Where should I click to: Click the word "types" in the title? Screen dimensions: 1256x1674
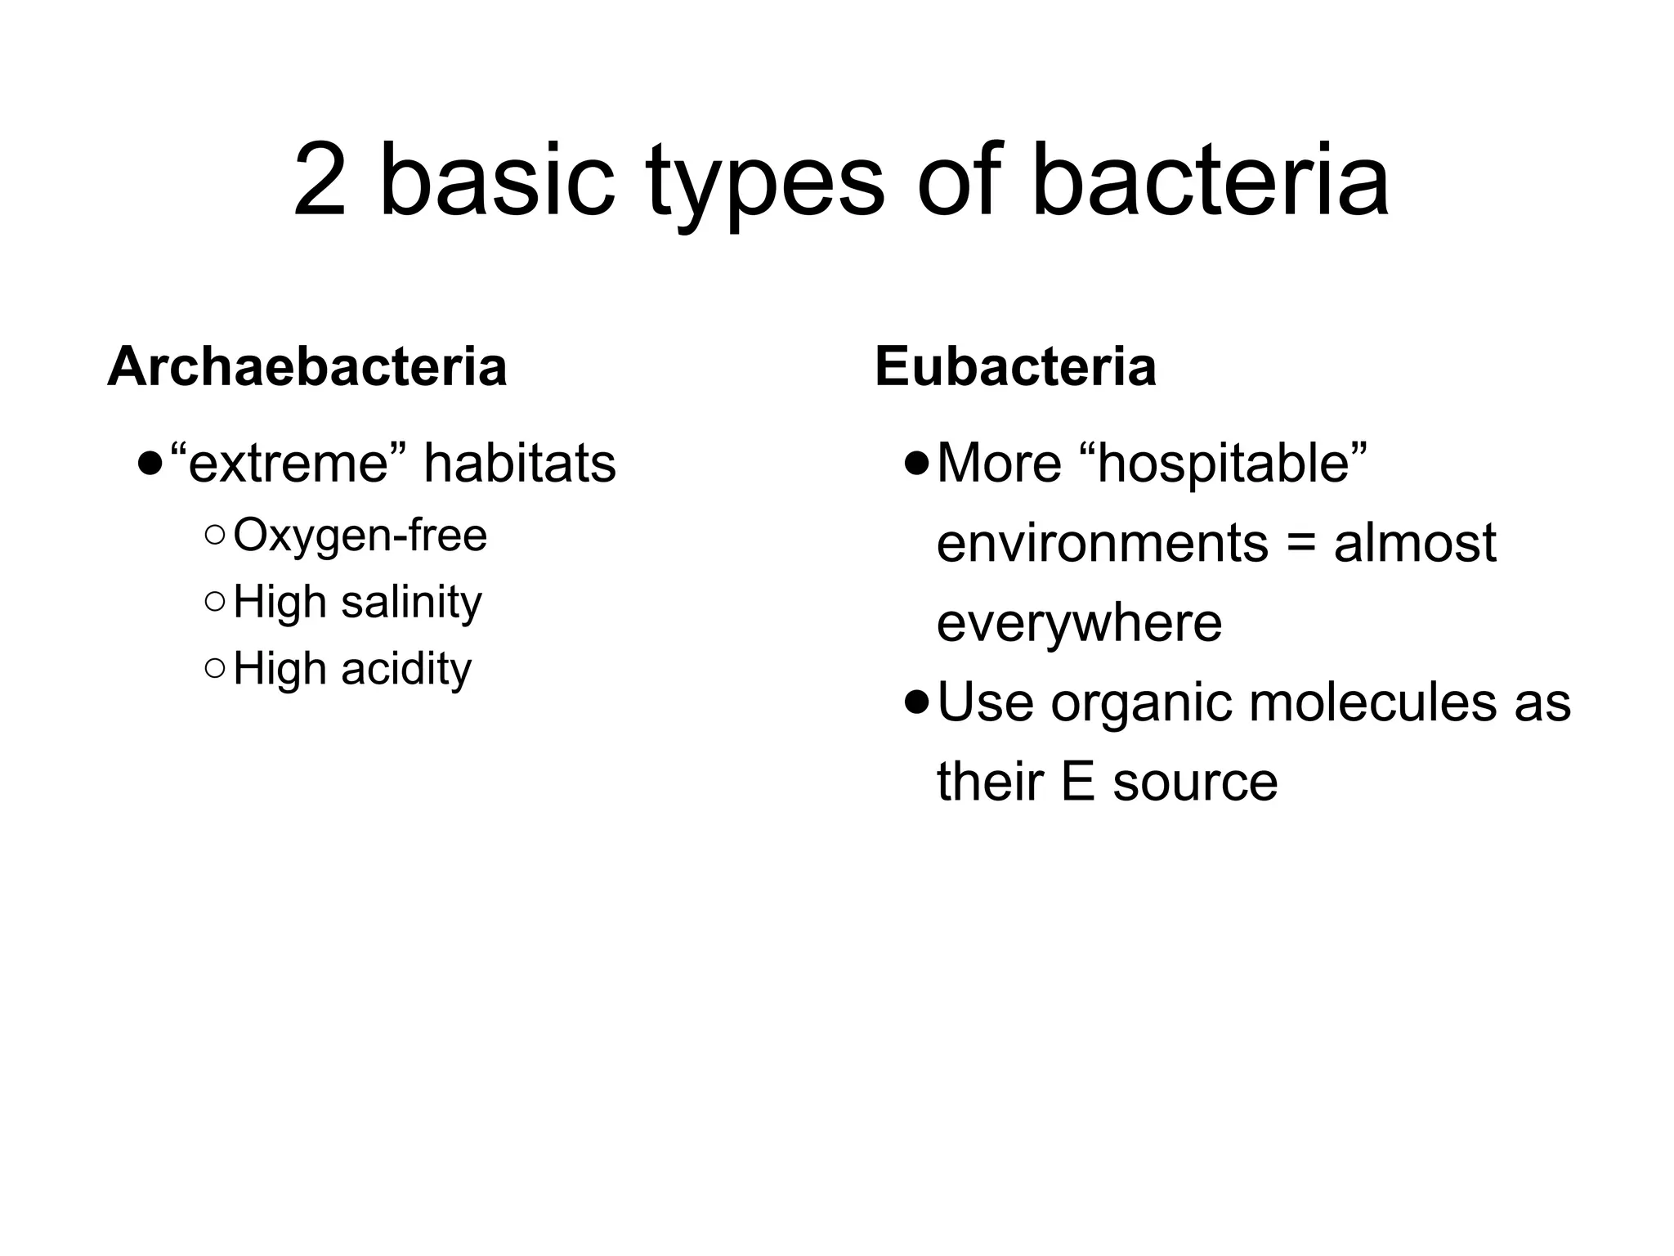765,184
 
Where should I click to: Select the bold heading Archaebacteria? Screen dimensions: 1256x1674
307,366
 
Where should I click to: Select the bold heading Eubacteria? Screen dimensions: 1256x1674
1015,366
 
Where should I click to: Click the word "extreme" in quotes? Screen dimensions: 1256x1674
289,464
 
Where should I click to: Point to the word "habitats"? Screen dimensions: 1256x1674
520,464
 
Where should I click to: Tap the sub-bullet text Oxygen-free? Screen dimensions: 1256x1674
360,536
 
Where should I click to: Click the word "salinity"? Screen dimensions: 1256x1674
411,603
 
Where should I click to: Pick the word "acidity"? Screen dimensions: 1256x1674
406,669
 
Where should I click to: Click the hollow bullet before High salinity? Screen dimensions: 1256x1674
215,603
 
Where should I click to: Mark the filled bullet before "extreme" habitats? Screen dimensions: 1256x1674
150,465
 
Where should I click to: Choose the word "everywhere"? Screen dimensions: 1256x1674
1079,623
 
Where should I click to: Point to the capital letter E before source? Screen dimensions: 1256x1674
1078,782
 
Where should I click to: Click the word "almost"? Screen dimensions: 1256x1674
1415,543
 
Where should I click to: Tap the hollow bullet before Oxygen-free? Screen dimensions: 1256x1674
215,536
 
